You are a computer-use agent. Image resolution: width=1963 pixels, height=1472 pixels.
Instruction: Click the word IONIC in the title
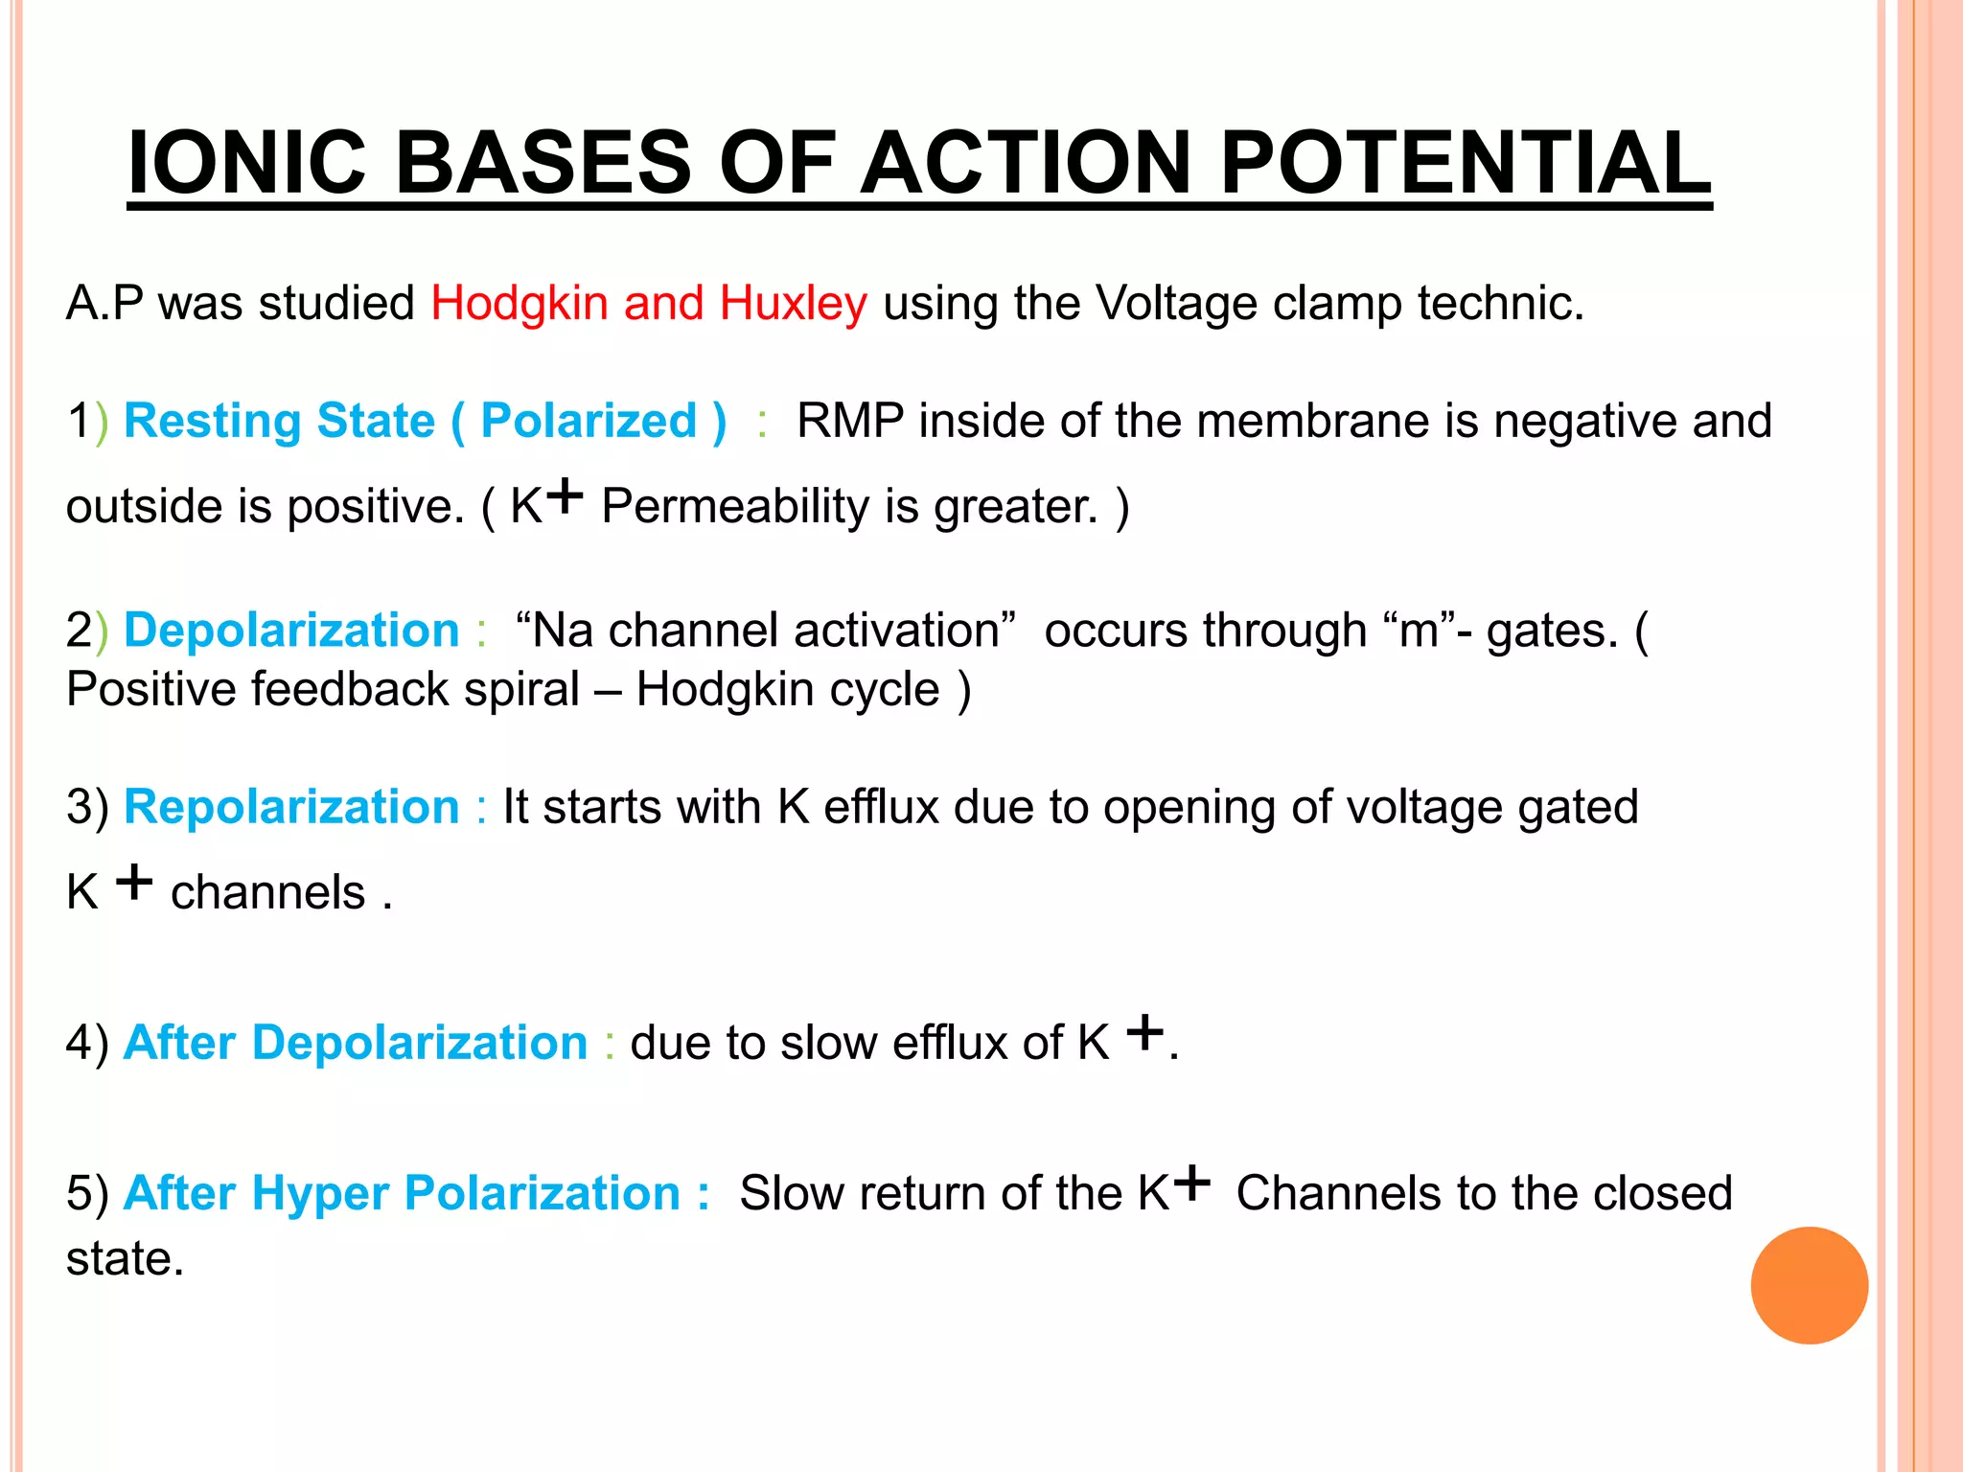click(x=246, y=162)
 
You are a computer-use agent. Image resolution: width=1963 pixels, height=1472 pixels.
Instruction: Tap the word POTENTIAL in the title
click(x=1465, y=162)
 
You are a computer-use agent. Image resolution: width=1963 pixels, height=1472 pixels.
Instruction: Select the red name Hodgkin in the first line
click(x=519, y=305)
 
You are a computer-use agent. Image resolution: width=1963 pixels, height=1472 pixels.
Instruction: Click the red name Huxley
click(x=793, y=305)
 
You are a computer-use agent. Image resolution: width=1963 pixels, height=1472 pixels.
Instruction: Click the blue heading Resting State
click(x=279, y=421)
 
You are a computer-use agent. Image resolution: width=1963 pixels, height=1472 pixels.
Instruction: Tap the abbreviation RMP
click(x=849, y=421)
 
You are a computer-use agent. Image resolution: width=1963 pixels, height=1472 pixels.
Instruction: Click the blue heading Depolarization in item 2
click(x=291, y=631)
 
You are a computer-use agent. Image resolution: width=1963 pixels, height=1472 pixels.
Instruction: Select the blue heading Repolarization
click(x=291, y=807)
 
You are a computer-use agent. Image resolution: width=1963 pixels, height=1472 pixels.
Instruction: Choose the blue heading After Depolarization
click(x=355, y=1043)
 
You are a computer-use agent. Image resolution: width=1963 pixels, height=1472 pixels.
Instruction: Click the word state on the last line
click(x=124, y=1258)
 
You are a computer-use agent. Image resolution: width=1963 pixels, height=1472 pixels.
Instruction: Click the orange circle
click(x=1809, y=1285)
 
